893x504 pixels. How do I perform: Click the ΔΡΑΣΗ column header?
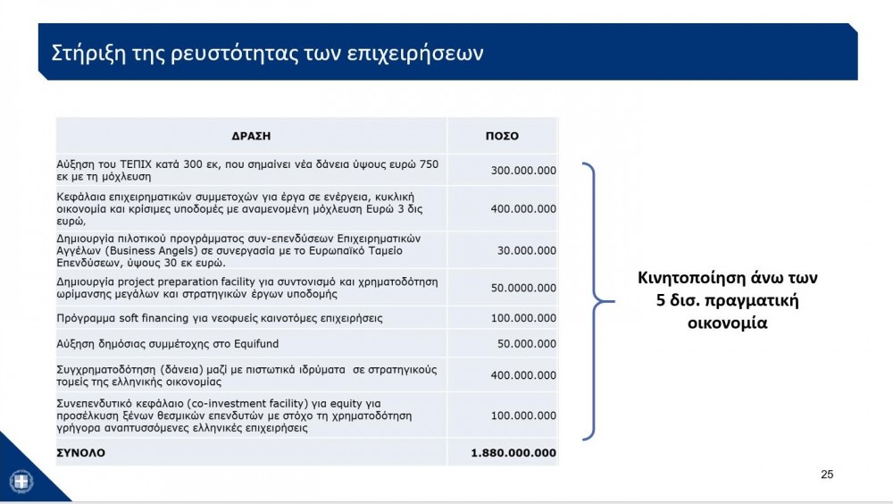click(x=251, y=137)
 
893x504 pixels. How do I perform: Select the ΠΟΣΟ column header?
click(x=502, y=137)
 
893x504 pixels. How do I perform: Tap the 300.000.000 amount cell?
click(x=523, y=171)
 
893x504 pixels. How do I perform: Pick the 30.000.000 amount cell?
click(x=527, y=251)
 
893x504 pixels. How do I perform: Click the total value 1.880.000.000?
click(x=513, y=453)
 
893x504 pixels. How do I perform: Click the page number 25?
click(x=827, y=475)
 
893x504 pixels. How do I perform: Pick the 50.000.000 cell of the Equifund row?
click(x=527, y=344)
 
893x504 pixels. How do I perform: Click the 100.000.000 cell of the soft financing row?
click(x=523, y=318)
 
